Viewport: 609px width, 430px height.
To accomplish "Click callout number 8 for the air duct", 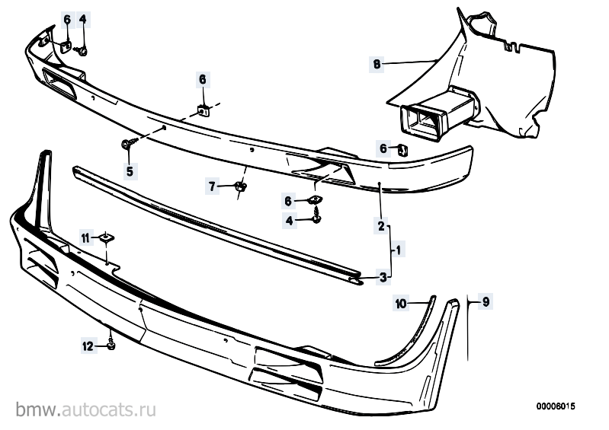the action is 377,64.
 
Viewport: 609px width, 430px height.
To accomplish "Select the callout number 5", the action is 130,170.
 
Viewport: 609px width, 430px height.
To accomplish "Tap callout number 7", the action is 212,187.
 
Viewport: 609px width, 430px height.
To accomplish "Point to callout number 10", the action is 401,303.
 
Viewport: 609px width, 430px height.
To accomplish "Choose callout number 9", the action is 486,301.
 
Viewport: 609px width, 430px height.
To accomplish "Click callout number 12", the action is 88,346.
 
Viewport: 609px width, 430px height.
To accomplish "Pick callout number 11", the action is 85,237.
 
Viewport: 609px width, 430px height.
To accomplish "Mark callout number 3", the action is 383,277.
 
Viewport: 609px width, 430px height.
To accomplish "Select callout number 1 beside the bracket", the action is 399,250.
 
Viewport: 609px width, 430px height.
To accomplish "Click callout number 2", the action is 381,225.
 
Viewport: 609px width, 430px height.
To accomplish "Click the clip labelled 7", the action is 241,186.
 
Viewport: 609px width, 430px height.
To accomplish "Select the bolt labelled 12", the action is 111,345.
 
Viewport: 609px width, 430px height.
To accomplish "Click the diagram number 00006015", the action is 556,406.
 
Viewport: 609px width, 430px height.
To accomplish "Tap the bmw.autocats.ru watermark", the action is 86,409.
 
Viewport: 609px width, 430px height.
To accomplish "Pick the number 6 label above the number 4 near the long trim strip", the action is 288,201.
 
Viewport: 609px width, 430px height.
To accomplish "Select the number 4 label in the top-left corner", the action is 83,19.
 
